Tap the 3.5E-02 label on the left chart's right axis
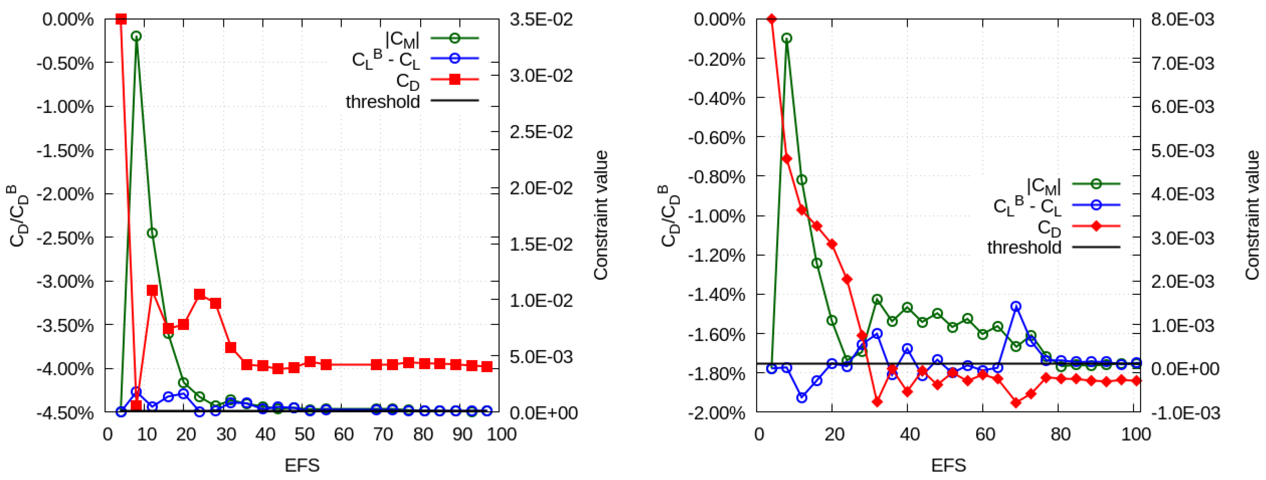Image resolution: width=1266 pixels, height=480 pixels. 541,20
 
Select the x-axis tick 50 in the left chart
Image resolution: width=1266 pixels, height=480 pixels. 305,434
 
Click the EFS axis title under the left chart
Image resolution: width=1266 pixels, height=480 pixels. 302,464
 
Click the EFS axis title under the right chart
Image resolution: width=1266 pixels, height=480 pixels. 948,464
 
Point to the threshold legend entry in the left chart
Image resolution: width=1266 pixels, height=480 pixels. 383,102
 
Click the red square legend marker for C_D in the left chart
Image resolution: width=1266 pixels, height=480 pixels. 455,79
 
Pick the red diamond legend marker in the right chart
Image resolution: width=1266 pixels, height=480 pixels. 1096,226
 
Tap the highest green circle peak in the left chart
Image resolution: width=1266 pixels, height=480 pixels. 136,36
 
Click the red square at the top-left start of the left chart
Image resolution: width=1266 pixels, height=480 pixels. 121,19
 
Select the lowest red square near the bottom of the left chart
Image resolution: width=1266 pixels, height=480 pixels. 136,406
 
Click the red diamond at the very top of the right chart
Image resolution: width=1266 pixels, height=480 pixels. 772,19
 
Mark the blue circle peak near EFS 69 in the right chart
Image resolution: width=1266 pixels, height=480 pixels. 1016,307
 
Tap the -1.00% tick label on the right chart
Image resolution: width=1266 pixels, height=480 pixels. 716,216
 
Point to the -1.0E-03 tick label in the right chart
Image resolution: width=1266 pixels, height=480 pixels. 1184,413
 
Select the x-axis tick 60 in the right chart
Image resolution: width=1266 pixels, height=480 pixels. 985,434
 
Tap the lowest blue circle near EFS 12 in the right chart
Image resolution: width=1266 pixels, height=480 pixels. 801,398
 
